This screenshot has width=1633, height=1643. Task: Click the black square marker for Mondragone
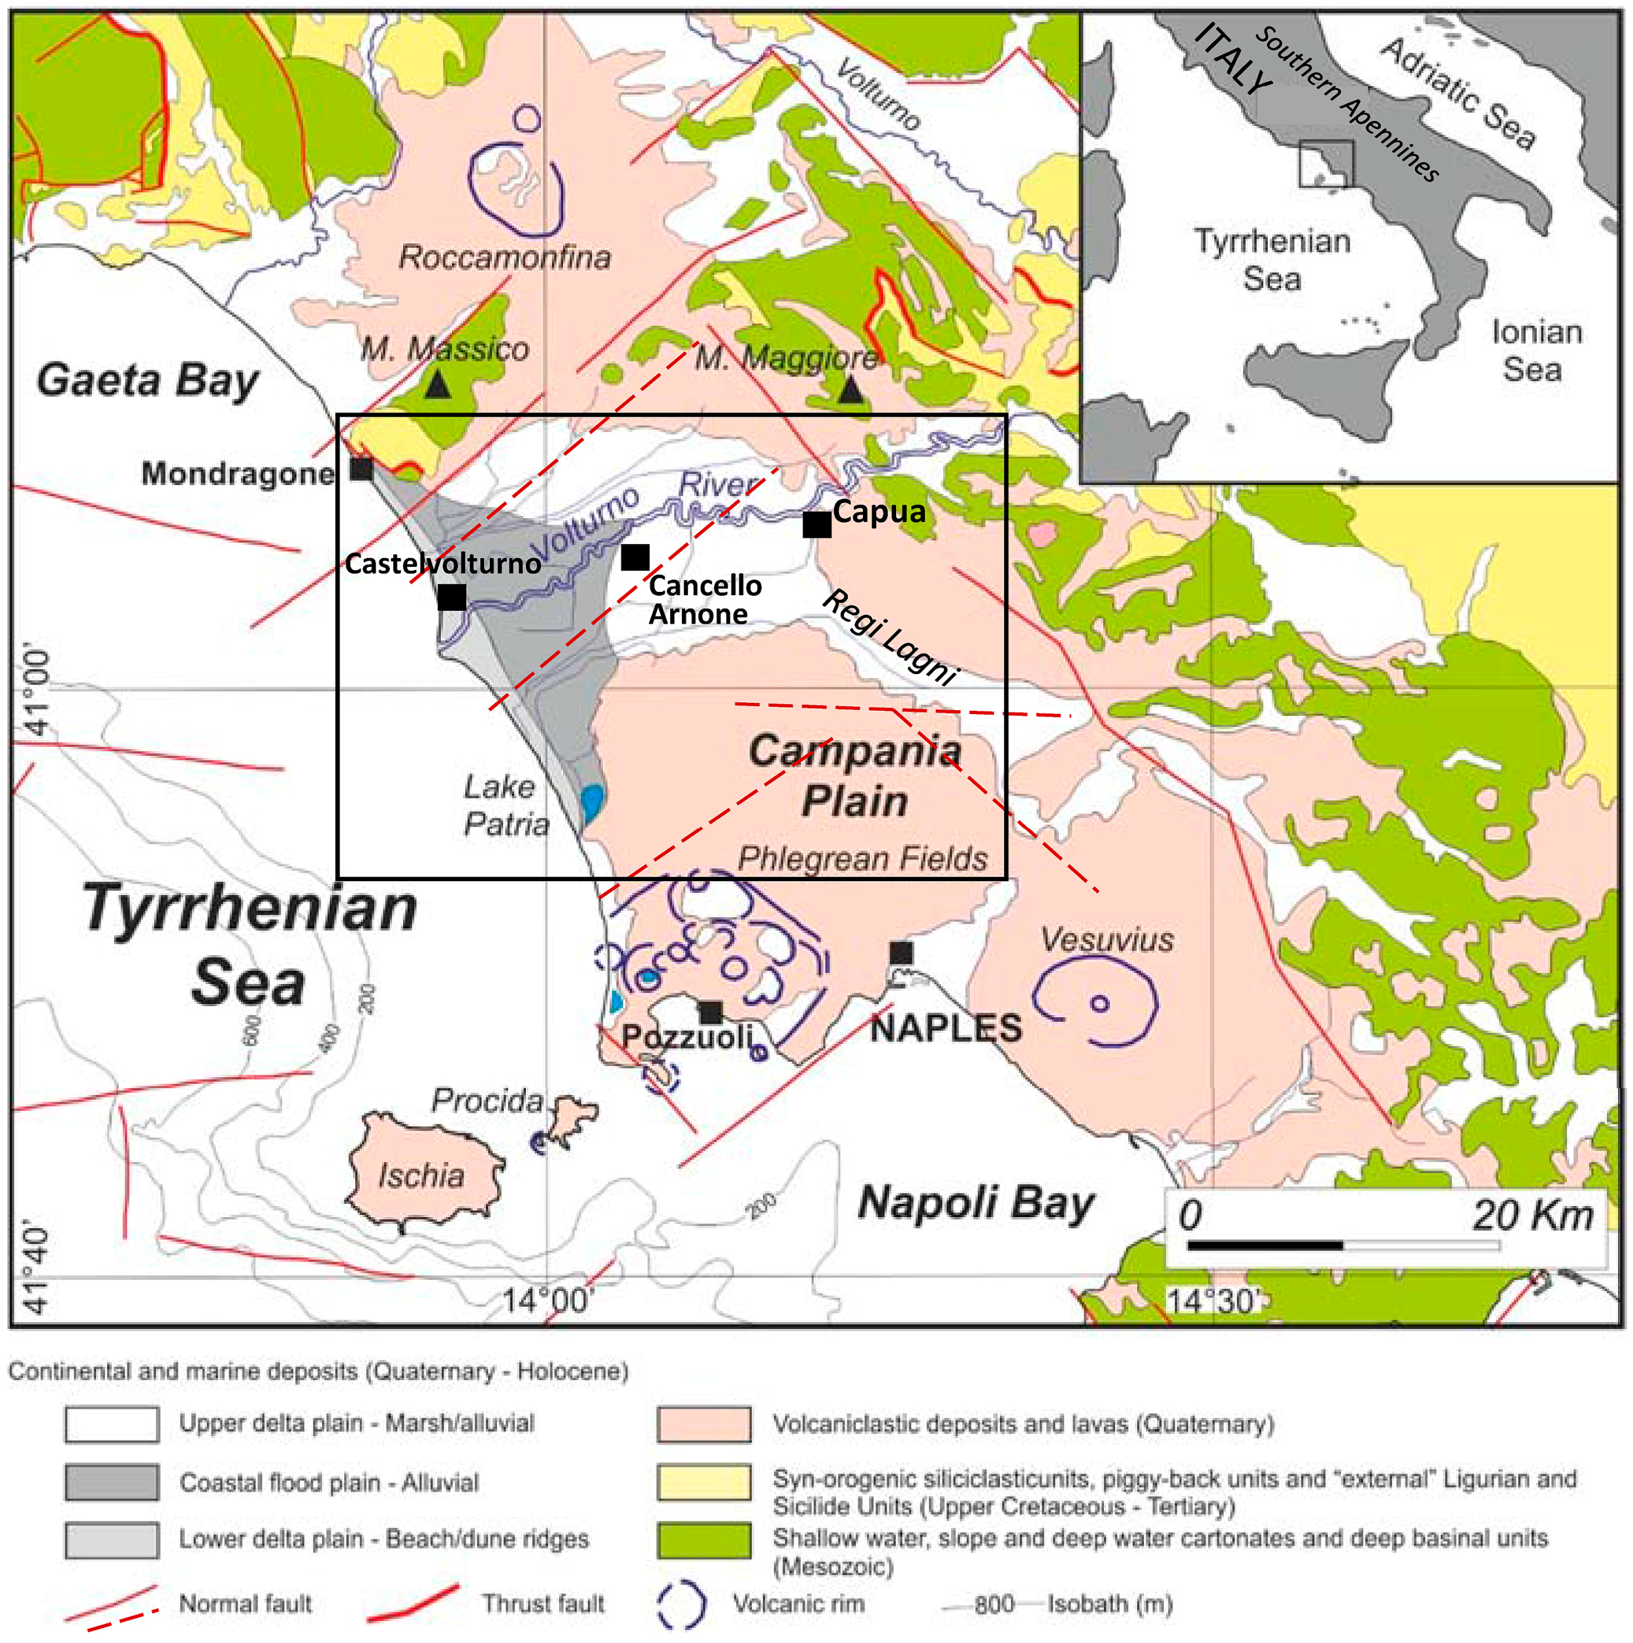(361, 468)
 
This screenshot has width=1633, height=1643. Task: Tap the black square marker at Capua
(816, 525)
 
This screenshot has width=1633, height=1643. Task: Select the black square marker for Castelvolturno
(451, 597)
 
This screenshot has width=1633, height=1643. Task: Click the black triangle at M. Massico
(437, 386)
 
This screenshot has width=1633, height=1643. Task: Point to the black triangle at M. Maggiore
(850, 391)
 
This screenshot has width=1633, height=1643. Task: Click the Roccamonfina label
(504, 257)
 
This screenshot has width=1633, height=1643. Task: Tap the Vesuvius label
(1107, 939)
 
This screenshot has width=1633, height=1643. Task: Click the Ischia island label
(421, 1175)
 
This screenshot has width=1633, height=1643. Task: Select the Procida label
(487, 1100)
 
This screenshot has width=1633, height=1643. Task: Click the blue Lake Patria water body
(592, 801)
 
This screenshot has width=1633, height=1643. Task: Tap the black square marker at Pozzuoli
(710, 1012)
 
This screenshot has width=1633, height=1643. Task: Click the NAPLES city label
(945, 1029)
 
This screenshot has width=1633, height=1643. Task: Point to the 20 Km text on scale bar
(1532, 1214)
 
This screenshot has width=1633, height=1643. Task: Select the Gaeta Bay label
(147, 380)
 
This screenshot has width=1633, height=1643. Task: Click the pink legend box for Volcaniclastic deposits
(703, 1424)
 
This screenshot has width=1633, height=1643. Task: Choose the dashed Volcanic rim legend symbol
(681, 1604)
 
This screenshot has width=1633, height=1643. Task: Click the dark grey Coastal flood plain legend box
(112, 1482)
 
